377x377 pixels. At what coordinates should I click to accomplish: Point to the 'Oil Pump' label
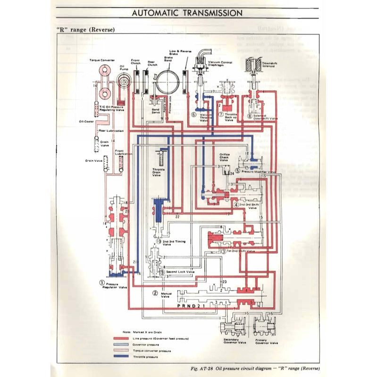click(122, 67)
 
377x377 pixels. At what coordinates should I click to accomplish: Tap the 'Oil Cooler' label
click(86, 121)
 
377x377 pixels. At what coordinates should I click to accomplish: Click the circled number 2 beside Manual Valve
click(155, 293)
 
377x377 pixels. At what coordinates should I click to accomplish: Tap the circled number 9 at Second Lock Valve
click(162, 272)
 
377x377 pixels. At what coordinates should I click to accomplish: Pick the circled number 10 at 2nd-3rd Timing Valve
click(159, 242)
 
